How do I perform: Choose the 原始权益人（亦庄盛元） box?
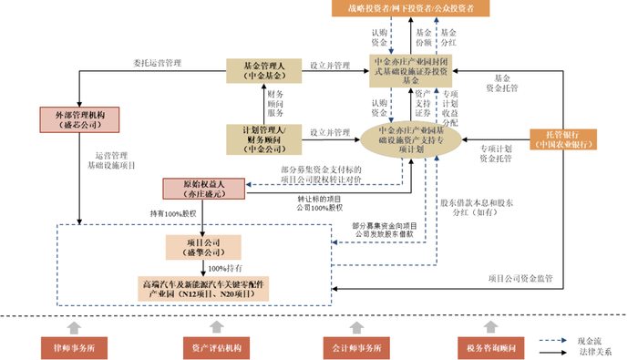click(203, 189)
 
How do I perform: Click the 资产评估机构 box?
click(216, 346)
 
